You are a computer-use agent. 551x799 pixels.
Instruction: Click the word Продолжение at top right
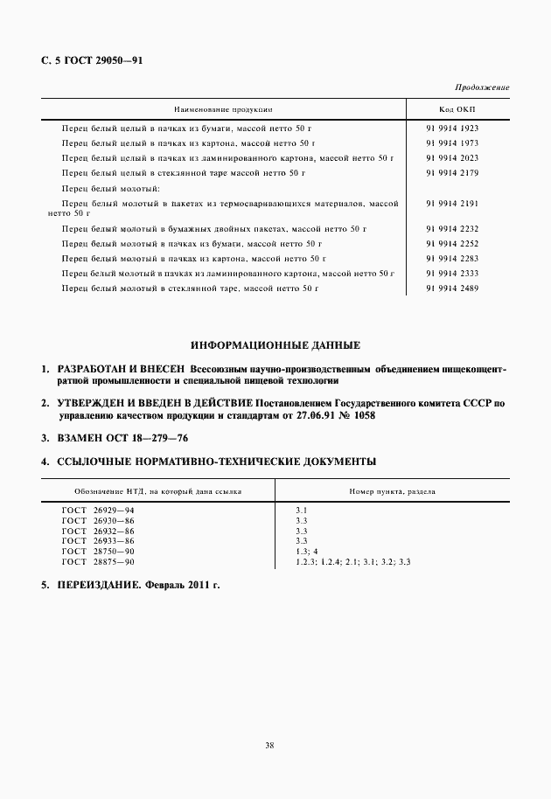pyautogui.click(x=482, y=88)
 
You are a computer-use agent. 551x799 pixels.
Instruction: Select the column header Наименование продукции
pyautogui.click(x=223, y=110)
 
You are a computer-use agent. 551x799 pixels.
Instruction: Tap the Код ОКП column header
pyautogui.click(x=457, y=110)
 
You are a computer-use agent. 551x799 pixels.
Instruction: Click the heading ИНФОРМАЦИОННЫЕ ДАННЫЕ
pyautogui.click(x=275, y=345)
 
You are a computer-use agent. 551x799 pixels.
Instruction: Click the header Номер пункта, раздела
pyautogui.click(x=393, y=491)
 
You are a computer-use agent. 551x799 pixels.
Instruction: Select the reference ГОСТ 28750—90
pyautogui.click(x=98, y=551)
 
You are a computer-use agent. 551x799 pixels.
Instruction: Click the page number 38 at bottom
pyautogui.click(x=269, y=746)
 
